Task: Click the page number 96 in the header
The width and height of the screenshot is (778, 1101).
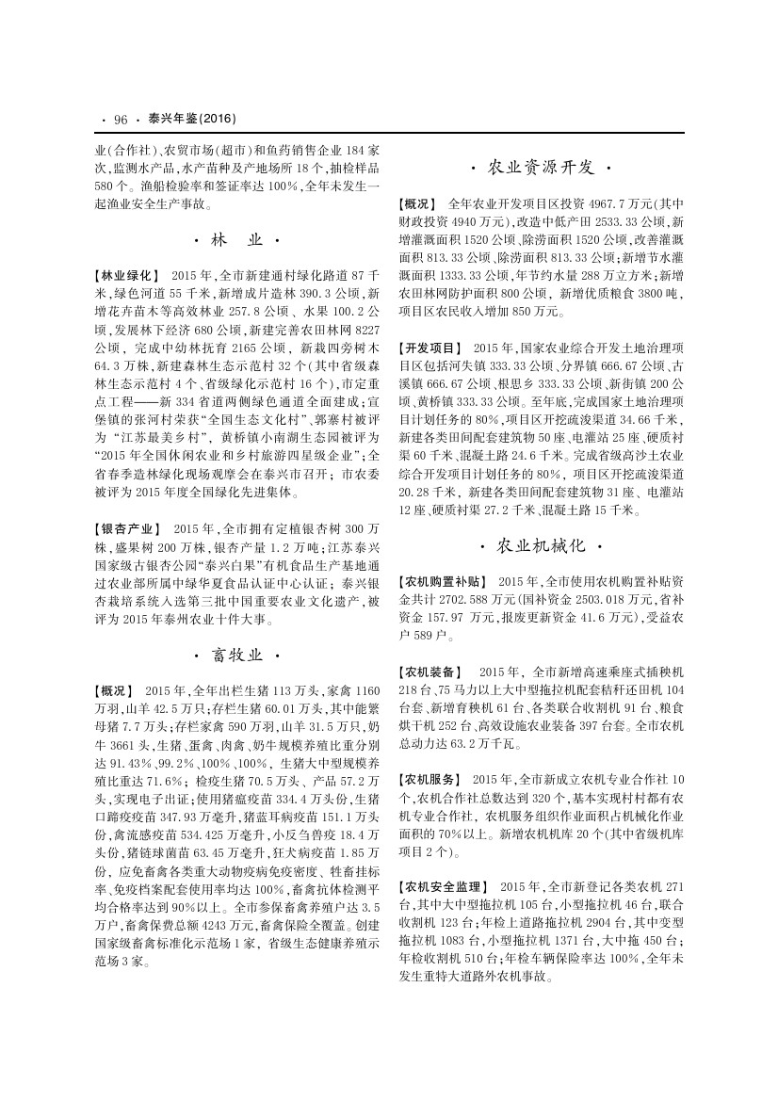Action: pos(120,119)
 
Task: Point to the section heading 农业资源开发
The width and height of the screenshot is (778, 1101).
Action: pos(540,168)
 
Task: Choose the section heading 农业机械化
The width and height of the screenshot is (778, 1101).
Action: pos(540,546)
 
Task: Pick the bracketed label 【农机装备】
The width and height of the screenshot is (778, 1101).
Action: pos(430,672)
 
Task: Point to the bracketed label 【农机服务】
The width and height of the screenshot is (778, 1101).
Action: pos(430,780)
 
